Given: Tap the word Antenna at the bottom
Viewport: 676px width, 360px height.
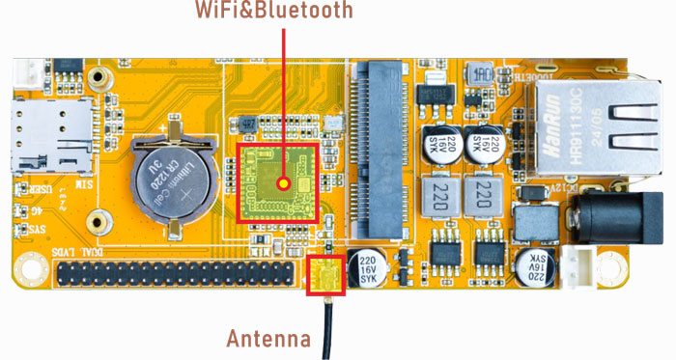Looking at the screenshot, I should pyautogui.click(x=268, y=339).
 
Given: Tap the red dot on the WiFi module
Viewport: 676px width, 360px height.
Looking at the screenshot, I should pyautogui.click(x=283, y=181).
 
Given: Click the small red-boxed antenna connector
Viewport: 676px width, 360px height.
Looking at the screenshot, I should pyautogui.click(x=324, y=274).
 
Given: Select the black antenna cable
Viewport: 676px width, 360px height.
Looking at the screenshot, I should pyautogui.click(x=328, y=328).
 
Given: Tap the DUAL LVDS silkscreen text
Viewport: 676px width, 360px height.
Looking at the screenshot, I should pyautogui.click(x=68, y=251).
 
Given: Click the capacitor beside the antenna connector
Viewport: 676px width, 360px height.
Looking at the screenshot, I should pyautogui.click(x=369, y=269).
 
